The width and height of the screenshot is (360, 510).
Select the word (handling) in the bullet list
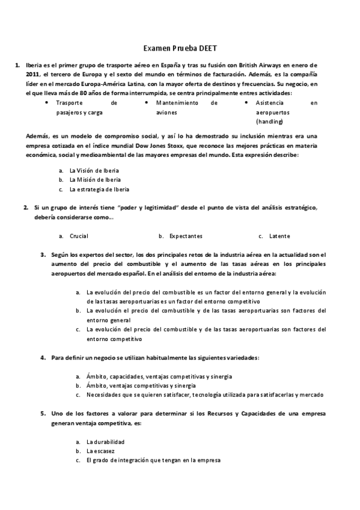pos(268,121)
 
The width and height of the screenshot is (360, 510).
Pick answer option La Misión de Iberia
pos(94,180)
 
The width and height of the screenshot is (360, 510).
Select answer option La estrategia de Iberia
pos(99,189)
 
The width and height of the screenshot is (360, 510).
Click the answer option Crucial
pos(79,236)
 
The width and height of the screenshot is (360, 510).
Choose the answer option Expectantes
pos(186,236)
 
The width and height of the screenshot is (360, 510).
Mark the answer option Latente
pos(279,236)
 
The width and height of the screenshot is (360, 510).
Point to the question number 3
pos(43,255)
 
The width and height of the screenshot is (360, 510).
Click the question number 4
pos(43,358)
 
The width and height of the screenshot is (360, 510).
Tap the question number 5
pos(43,414)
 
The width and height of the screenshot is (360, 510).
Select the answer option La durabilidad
pos(106,442)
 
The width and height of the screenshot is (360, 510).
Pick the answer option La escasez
pos(100,451)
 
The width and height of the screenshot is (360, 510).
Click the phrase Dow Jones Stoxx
pos(218,146)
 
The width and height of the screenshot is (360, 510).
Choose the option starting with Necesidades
pos(205,395)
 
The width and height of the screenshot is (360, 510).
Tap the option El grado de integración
pos(153,460)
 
